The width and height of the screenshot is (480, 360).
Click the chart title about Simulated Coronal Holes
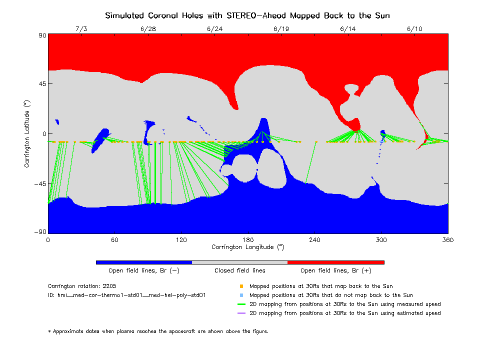[x=247, y=15]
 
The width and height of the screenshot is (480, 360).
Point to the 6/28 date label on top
[x=148, y=29]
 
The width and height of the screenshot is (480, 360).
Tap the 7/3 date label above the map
[x=81, y=29]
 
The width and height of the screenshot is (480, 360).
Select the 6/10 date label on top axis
[x=415, y=29]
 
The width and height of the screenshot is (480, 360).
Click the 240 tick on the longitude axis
[x=314, y=240]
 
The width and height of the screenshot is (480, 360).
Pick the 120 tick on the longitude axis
[x=181, y=240]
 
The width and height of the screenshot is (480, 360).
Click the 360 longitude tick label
[x=447, y=240]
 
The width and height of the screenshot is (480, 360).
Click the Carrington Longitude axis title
[x=247, y=247]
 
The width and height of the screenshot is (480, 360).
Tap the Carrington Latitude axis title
[x=26, y=133]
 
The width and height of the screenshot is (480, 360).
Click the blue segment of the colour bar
[x=144, y=262]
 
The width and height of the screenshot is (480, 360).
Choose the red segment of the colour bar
[x=336, y=262]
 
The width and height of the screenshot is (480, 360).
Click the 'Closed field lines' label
[x=240, y=270]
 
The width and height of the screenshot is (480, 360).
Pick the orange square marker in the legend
[x=241, y=286]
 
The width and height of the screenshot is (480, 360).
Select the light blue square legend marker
[x=241, y=295]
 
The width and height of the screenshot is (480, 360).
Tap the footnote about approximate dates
[x=158, y=331]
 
